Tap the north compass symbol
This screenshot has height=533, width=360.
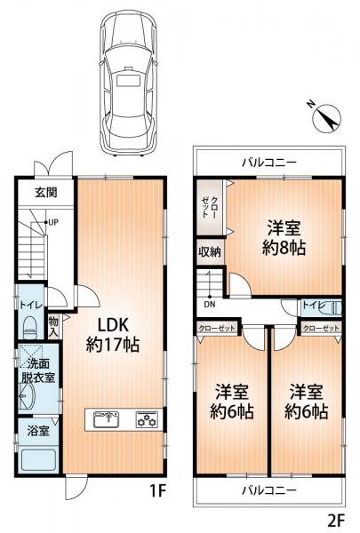(326, 115)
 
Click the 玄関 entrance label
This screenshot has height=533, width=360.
(47, 191)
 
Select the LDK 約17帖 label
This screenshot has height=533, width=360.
(113, 332)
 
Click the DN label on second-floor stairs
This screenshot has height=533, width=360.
(210, 304)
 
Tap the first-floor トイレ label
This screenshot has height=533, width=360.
(28, 302)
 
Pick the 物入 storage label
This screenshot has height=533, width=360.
(54, 327)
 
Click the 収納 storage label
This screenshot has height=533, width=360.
(210, 253)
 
